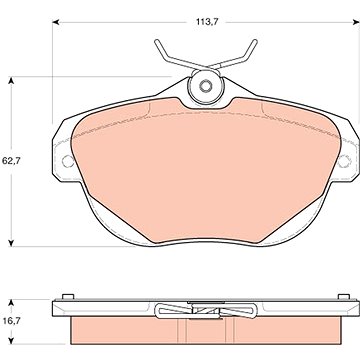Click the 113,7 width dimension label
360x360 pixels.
(x=206, y=22)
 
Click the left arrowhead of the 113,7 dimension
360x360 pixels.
(x=56, y=22)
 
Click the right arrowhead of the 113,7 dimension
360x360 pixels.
(x=356, y=22)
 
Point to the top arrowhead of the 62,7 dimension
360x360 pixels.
(x=12, y=80)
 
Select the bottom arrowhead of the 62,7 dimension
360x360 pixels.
(x=12, y=243)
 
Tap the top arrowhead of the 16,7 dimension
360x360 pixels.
(x=12, y=302)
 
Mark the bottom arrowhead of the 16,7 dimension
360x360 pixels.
(x=12, y=341)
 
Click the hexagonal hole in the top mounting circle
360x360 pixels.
(x=205, y=86)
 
